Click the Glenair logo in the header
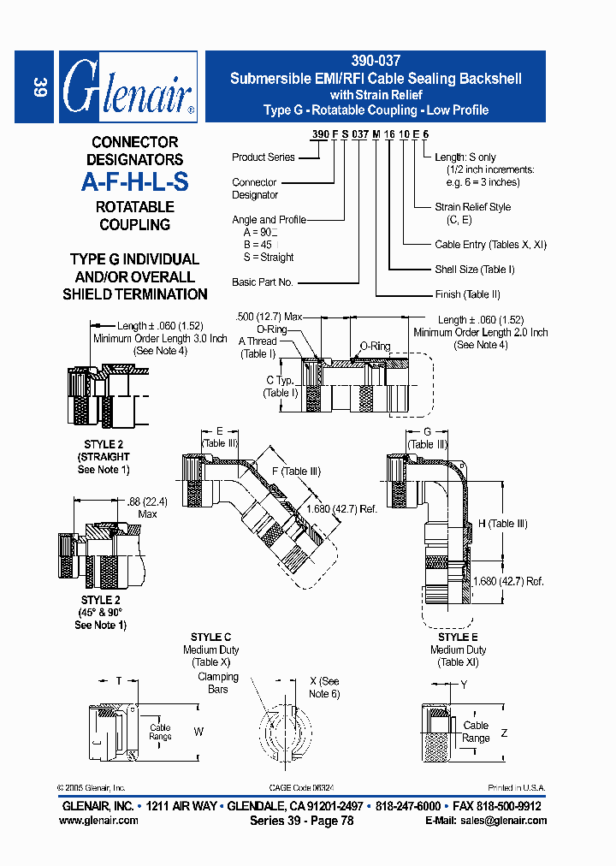pyautogui.click(x=128, y=86)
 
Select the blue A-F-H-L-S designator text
pyautogui.click(x=134, y=182)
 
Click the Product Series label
pyautogui.click(x=263, y=157)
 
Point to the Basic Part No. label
pyautogui.click(x=262, y=282)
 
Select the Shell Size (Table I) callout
pyautogui.click(x=474, y=270)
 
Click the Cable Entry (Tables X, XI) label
pyautogui.click(x=490, y=245)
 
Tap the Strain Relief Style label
pyautogui.click(x=472, y=207)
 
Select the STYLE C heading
pyautogui.click(x=210, y=638)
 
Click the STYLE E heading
pyautogui.click(x=458, y=638)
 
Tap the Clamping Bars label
pyautogui.click(x=217, y=683)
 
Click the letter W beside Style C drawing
pyautogui.click(x=199, y=732)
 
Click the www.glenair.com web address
pyautogui.click(x=98, y=821)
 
